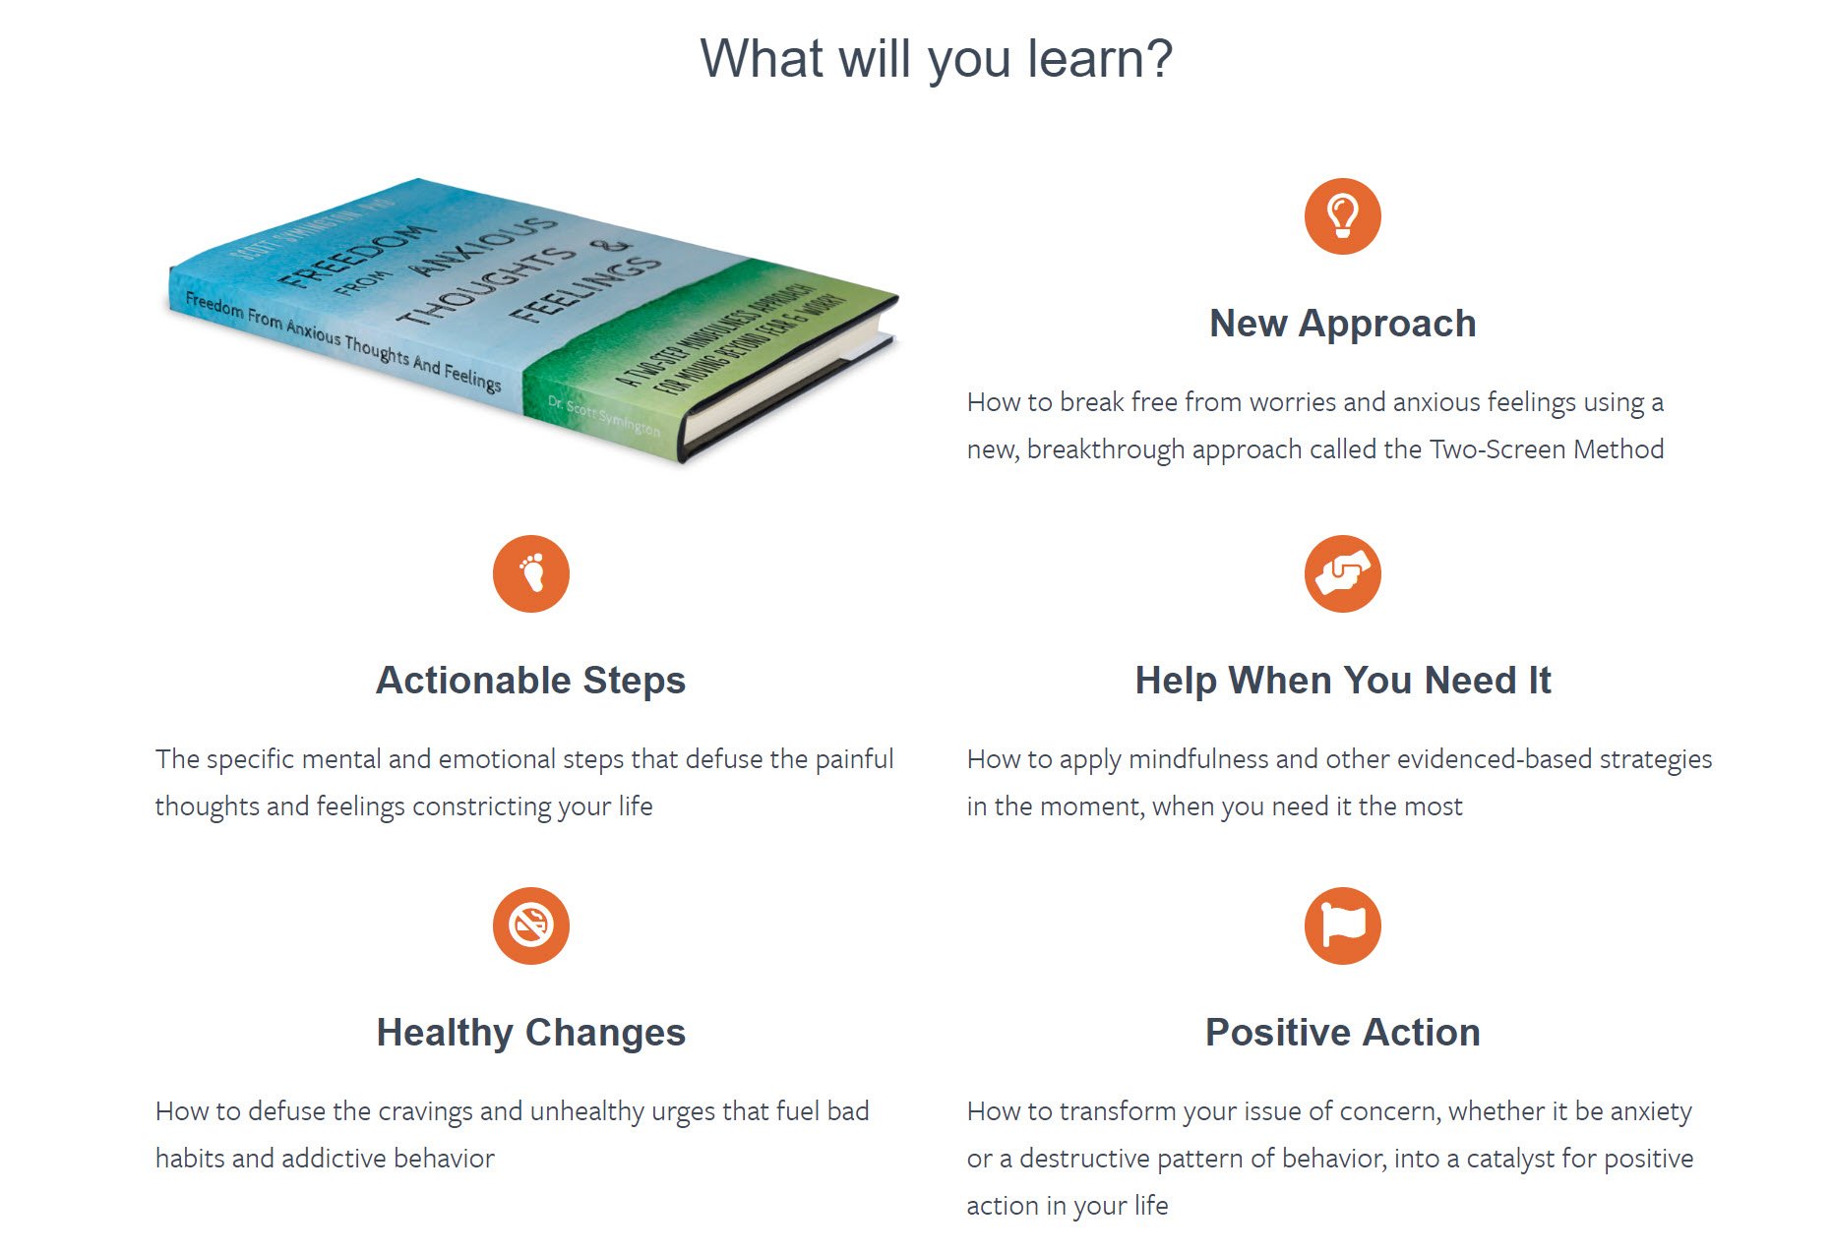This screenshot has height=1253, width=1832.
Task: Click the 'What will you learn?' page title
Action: [936, 59]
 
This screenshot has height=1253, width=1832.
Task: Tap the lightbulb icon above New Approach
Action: [1342, 216]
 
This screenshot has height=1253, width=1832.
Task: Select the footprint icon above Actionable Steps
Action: [531, 573]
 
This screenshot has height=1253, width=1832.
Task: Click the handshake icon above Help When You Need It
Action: [1342, 573]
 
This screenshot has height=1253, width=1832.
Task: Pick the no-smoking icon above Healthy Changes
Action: [531, 925]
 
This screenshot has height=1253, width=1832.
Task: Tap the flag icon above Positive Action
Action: [1342, 925]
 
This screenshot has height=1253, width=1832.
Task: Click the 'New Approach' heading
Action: [1342, 324]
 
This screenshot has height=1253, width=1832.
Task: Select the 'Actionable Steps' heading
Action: [531, 681]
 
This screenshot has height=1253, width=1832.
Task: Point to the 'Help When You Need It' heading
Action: [1342, 681]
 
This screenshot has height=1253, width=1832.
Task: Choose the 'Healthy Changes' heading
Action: [531, 1033]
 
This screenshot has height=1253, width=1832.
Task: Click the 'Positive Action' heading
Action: [1342, 1033]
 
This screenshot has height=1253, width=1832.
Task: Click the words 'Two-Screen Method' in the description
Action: [1547, 449]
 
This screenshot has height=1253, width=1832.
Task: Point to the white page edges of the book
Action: [787, 384]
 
